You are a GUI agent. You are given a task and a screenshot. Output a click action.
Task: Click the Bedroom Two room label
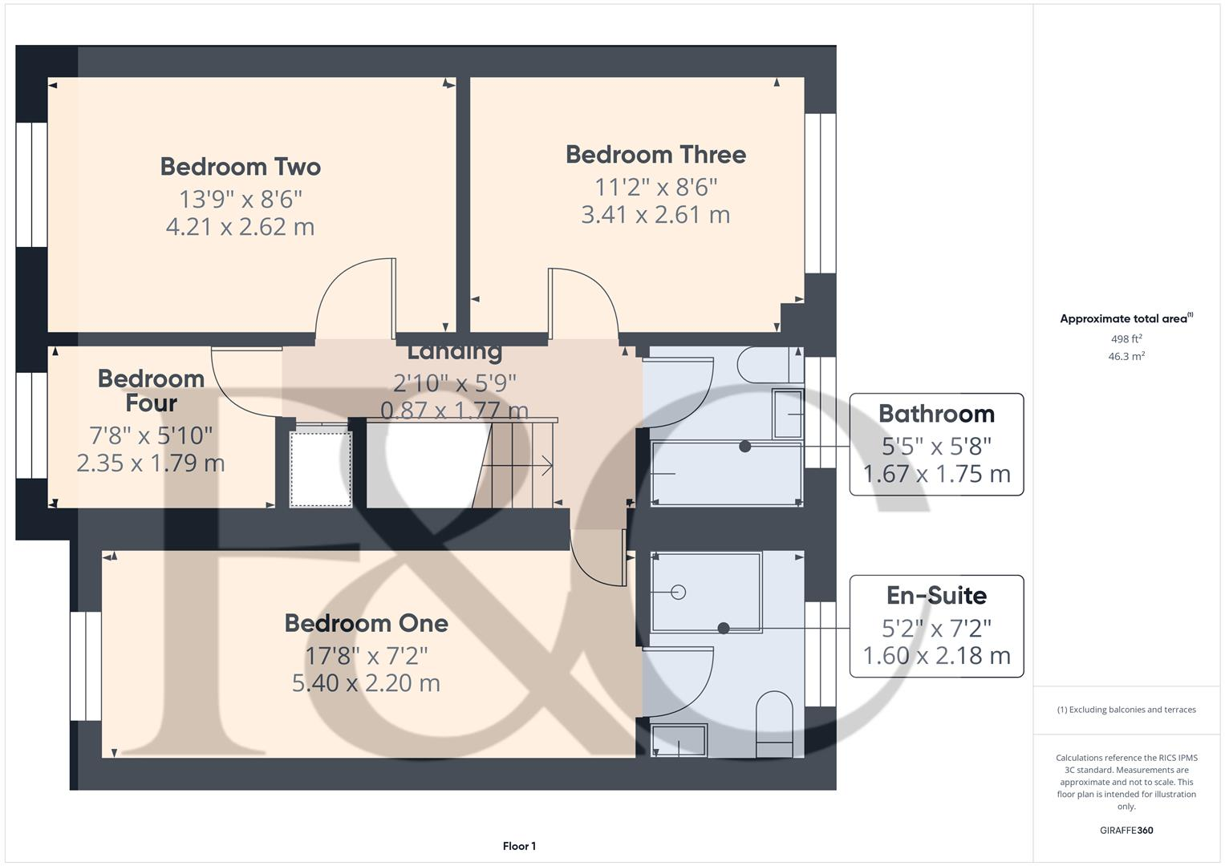240,167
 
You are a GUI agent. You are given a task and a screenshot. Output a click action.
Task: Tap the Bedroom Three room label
655,155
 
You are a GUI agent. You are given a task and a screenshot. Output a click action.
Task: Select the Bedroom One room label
366,623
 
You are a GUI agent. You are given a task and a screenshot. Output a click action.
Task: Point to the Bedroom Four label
151,391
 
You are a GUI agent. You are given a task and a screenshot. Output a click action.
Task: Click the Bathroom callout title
936,414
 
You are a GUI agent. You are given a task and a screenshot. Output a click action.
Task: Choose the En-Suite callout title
936,596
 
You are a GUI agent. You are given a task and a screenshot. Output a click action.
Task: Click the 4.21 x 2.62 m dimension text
240,227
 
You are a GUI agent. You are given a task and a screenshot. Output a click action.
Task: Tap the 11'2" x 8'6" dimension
655,187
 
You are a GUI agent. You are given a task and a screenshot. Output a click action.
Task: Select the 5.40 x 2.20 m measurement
366,683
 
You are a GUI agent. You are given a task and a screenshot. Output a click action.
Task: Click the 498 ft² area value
1126,339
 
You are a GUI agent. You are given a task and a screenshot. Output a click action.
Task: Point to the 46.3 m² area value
1126,357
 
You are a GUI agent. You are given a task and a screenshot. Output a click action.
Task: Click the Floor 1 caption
519,846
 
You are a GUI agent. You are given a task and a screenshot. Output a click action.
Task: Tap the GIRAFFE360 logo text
1126,831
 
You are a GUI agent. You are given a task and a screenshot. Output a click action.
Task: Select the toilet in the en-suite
774,722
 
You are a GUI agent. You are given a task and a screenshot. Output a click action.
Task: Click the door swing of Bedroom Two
353,297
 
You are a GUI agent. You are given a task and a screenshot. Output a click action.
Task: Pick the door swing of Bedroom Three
584,301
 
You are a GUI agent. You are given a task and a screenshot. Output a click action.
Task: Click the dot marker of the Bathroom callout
744,447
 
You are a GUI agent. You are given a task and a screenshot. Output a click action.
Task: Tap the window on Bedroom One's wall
85,666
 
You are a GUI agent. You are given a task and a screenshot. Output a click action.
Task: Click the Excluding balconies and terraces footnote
1126,710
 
